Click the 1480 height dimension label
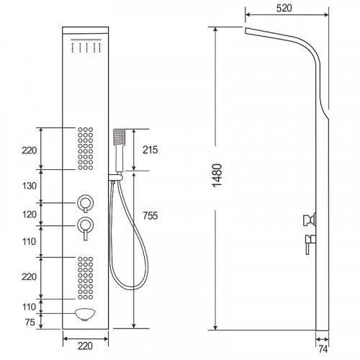217,176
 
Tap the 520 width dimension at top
284,8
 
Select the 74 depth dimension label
323,349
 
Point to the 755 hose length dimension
150,216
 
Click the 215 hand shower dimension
150,150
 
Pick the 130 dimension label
30,186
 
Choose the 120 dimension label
30,215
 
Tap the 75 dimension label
30,322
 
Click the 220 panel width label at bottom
85,346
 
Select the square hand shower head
120,137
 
